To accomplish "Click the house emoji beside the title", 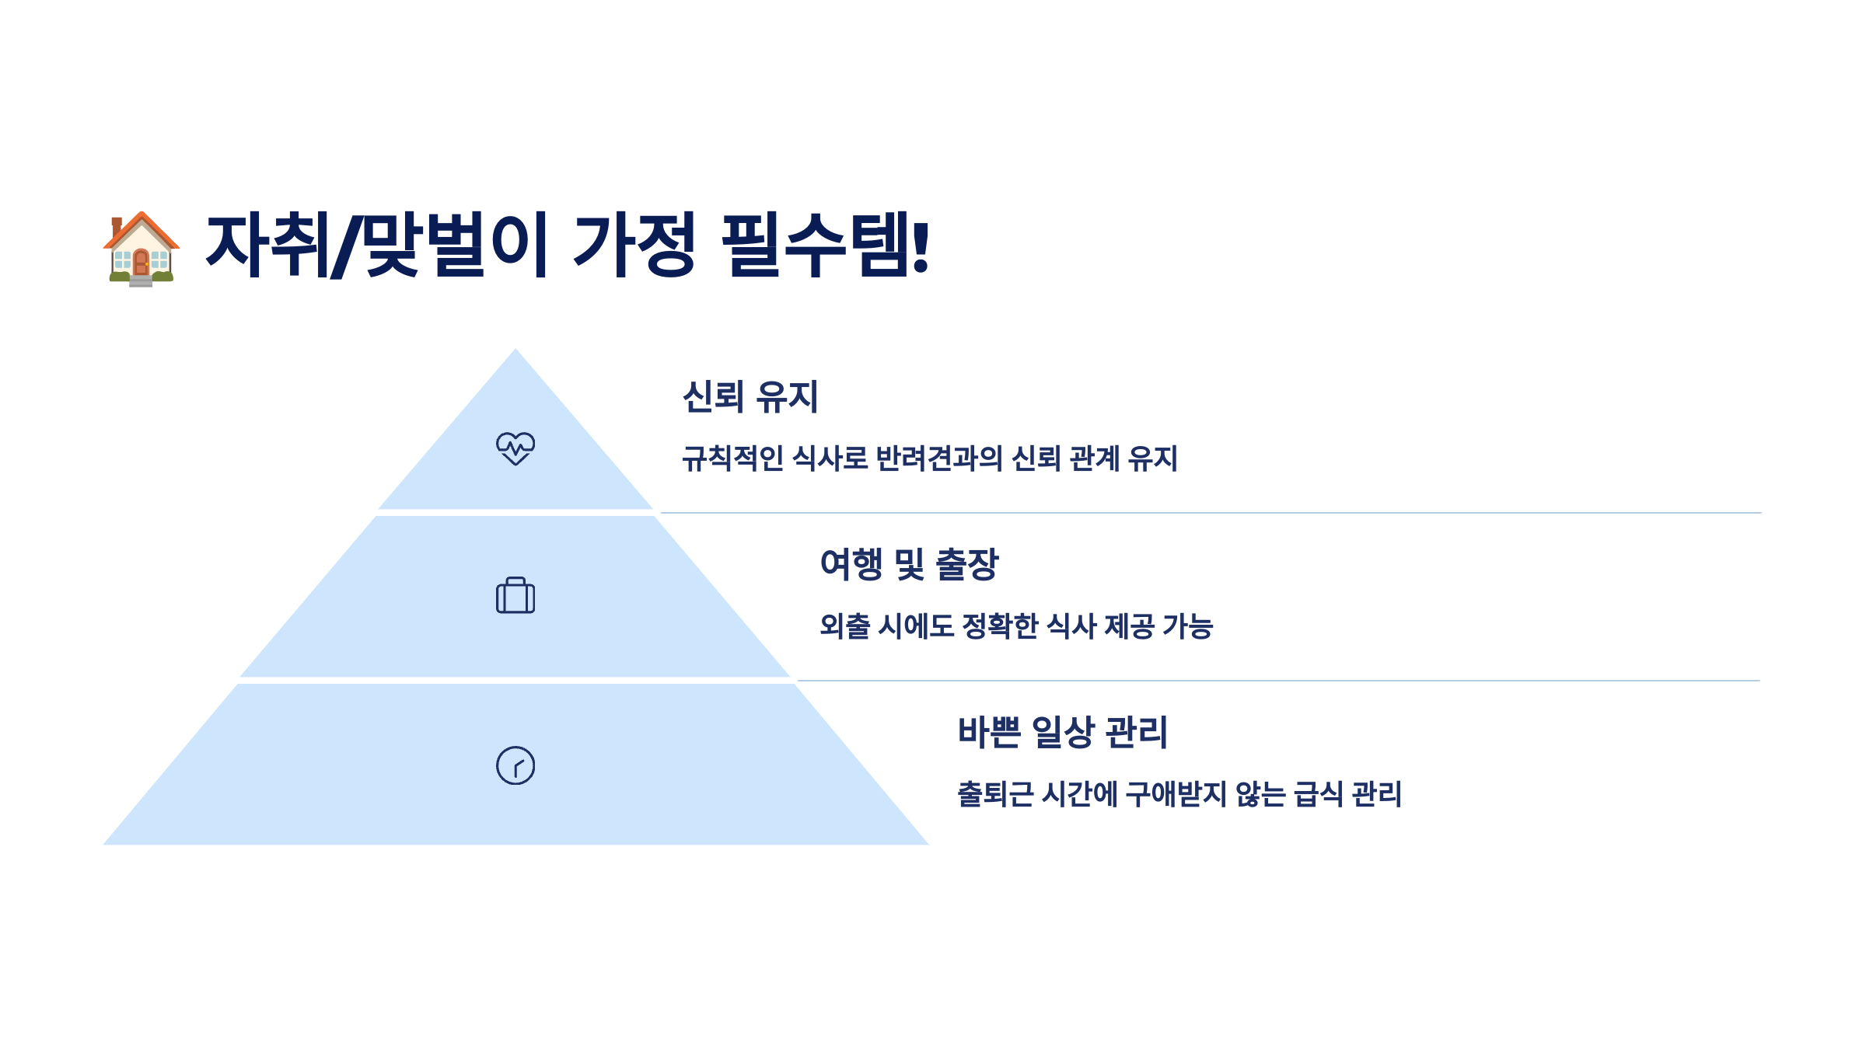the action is coord(141,248).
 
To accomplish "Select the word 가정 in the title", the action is coord(634,246).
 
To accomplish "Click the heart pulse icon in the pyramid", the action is coord(515,448).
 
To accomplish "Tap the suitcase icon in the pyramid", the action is coord(515,596).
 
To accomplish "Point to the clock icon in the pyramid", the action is coord(515,765).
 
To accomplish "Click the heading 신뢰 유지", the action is coord(750,397).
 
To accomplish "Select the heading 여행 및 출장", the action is coord(909,565).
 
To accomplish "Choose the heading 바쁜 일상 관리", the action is coord(1063,732).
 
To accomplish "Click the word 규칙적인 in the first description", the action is coord(732,458).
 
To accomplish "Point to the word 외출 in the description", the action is coord(844,626).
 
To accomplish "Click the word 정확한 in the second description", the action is coord(1000,626).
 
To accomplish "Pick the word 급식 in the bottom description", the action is coord(1318,794).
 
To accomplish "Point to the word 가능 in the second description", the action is coord(1187,626).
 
